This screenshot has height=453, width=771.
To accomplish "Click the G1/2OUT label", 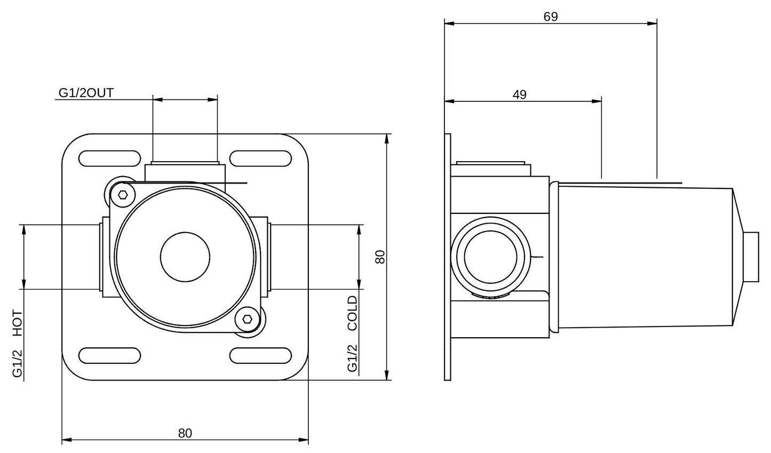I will tap(85, 93).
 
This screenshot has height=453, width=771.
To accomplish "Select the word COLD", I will tap(352, 313).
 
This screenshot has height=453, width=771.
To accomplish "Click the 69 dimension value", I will tap(550, 17).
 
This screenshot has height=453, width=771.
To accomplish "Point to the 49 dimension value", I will tap(519, 94).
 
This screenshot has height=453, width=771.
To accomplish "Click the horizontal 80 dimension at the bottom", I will tap(185, 433).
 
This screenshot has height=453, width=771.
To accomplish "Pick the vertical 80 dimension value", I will tap(380, 257).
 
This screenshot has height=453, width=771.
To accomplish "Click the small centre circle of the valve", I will tap(185, 257).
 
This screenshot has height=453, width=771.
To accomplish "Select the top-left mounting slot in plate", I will tap(109, 159).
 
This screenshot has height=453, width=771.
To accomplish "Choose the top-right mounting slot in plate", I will tap(261, 159).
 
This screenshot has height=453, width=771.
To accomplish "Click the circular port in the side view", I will tap(491, 257).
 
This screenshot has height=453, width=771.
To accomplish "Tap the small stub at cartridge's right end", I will tap(752, 257).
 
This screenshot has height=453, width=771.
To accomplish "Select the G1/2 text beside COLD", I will tap(352, 358).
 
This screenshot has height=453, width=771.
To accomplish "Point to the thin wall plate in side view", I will tap(448, 257).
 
